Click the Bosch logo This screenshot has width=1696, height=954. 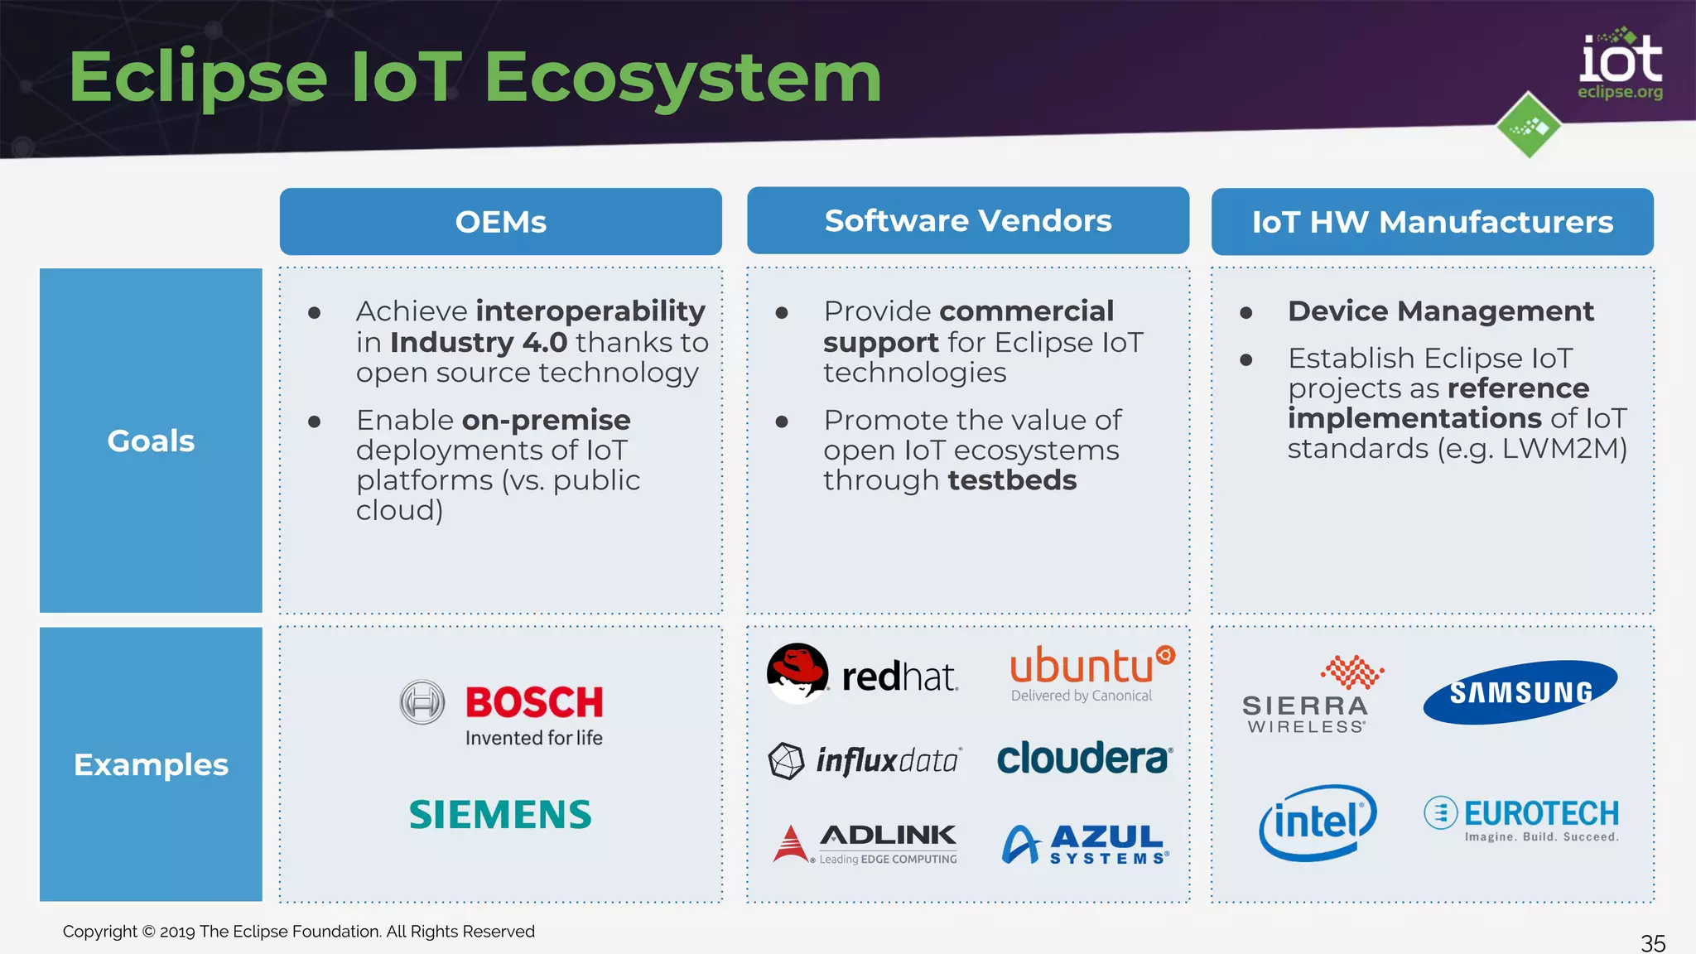pyautogui.click(x=502, y=712)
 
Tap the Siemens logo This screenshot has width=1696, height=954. pyautogui.click(x=500, y=815)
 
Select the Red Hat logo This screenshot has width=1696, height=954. pyautogui.click(x=862, y=674)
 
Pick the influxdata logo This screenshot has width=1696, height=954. pyautogui.click(x=865, y=760)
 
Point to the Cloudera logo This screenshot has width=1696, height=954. pyautogui.click(x=1084, y=759)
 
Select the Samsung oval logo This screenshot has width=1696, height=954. pyautogui.click(x=1520, y=692)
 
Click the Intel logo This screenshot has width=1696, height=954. pyautogui.click(x=1317, y=822)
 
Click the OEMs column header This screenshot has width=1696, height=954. pyautogui.click(x=500, y=222)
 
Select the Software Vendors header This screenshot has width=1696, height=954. pyautogui.click(x=967, y=220)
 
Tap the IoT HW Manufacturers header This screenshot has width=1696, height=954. pyautogui.click(x=1432, y=222)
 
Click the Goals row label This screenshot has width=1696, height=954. pyautogui.click(x=151, y=441)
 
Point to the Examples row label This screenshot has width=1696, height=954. pyautogui.click(x=151, y=764)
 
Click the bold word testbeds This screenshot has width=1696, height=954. pyautogui.click(x=1012, y=480)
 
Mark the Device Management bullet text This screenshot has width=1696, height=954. pyautogui.click(x=1440, y=311)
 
